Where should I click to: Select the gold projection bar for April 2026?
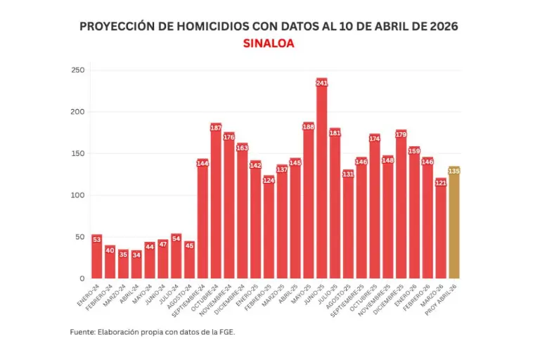coord(454,225)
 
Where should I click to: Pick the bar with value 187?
coord(216,204)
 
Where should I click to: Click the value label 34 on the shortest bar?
coord(136,255)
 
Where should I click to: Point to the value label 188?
coord(309,127)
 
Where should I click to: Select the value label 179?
coord(401,134)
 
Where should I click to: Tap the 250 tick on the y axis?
coord(77,70)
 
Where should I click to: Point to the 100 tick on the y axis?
coord(77,195)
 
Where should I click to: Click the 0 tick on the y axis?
coord(82,278)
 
